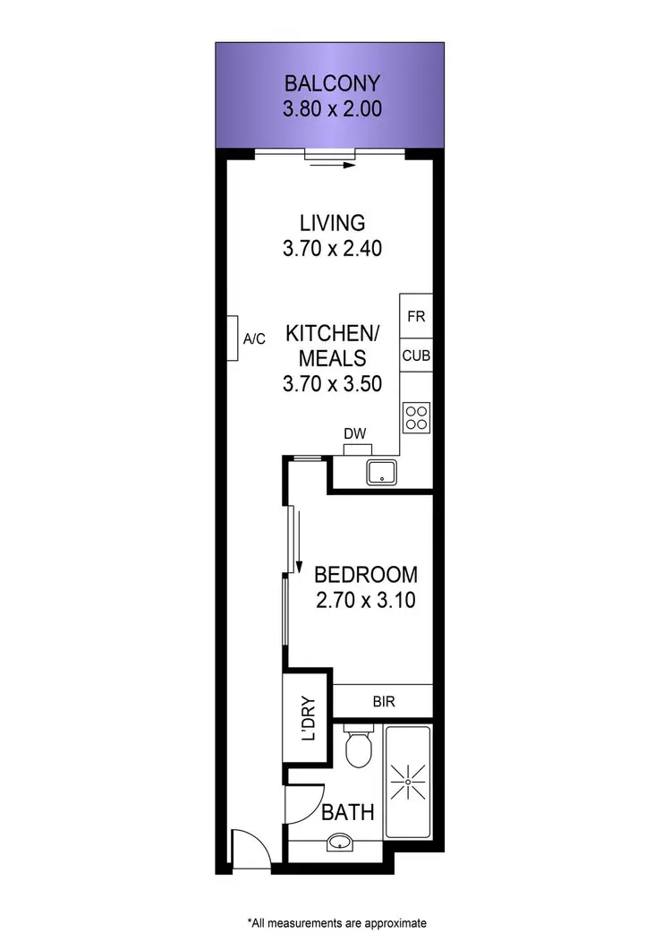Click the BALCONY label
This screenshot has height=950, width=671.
point(332,84)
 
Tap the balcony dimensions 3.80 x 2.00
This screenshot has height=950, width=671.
point(332,110)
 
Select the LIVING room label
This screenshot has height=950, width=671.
point(332,222)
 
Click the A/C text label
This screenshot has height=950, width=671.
point(255,338)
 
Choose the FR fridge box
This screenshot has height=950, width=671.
point(416,316)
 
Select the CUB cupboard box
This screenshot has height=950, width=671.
point(416,355)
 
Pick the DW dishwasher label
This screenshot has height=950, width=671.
point(356,434)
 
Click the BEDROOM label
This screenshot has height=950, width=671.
point(365,574)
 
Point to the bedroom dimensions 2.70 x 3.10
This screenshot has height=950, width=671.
point(365,601)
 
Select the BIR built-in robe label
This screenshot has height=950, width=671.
point(384,702)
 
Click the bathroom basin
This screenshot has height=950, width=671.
point(340,842)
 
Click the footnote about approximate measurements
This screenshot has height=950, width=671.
point(336,921)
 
